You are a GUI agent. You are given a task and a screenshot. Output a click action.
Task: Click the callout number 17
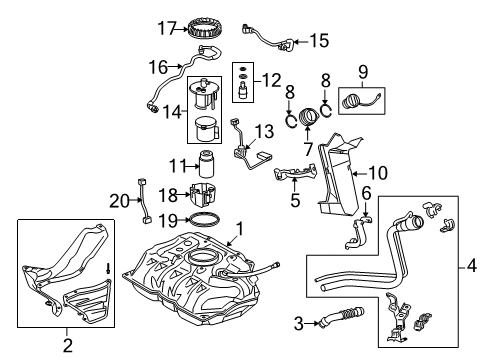(166, 26)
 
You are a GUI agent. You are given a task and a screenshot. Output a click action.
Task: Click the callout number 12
(271, 78)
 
